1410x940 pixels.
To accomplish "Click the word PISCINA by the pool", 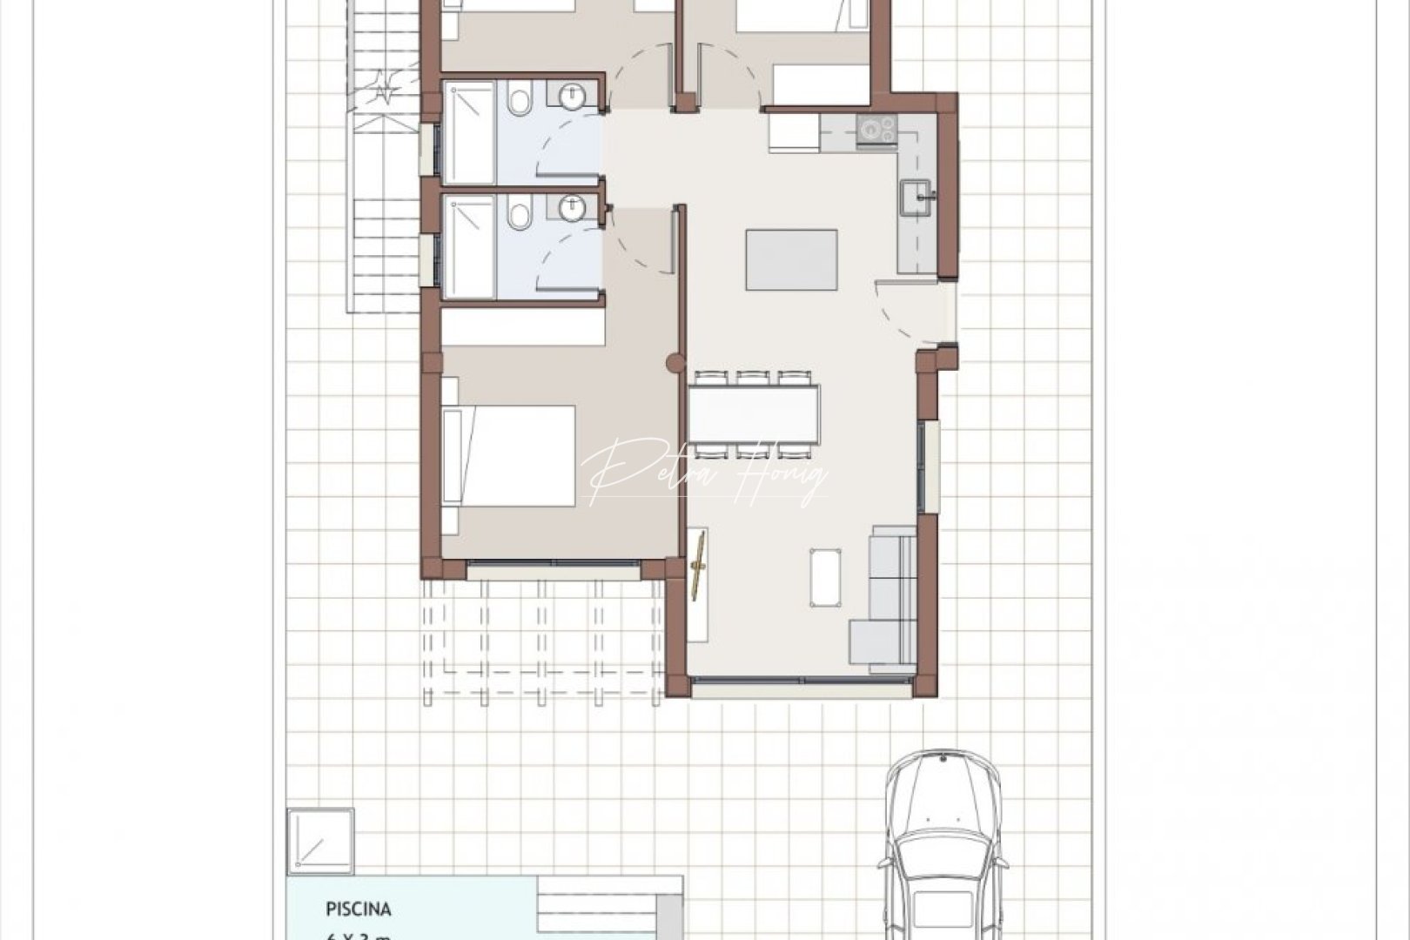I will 359,910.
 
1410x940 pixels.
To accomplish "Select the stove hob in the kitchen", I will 876,131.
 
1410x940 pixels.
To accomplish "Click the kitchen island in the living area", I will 791,259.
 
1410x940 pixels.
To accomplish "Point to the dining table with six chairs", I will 754,414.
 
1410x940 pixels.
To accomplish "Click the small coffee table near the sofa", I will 825,576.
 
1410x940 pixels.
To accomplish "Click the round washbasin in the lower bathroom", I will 572,209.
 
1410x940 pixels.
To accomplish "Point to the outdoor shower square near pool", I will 320,840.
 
